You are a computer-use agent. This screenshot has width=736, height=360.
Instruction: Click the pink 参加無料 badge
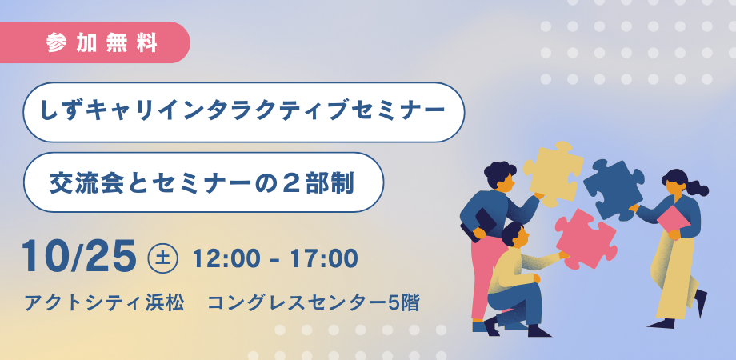pyautogui.click(x=94, y=42)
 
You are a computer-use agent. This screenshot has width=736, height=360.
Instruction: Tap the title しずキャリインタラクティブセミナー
pyautogui.click(x=243, y=112)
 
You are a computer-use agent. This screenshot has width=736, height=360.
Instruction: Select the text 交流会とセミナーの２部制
pyautogui.click(x=202, y=182)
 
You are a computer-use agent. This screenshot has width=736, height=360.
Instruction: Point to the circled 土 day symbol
pyautogui.click(x=162, y=258)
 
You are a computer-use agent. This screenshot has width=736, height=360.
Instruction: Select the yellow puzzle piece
pyautogui.click(x=554, y=172)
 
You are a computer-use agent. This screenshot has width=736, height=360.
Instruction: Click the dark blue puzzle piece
pyautogui.click(x=613, y=189)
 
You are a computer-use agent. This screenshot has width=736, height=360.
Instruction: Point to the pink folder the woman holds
pyautogui.click(x=674, y=219)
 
